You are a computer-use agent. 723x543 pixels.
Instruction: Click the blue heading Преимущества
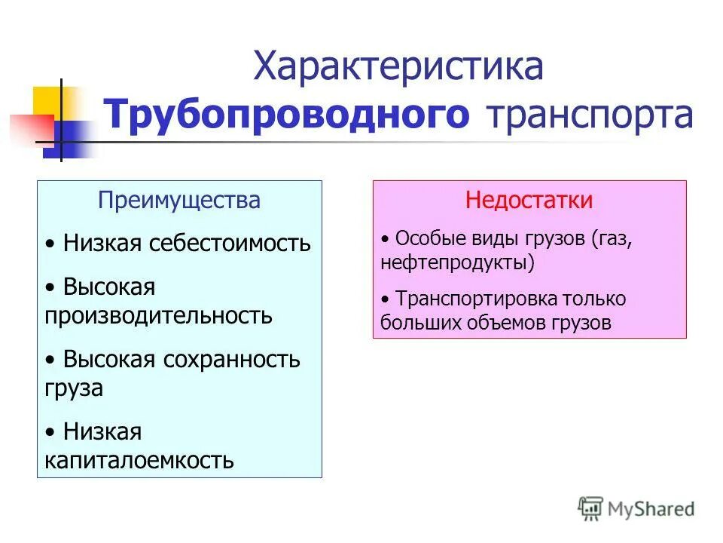click(x=179, y=200)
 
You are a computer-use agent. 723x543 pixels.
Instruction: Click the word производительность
click(x=158, y=314)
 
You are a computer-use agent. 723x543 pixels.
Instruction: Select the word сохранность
click(x=231, y=359)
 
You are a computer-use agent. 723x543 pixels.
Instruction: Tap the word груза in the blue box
click(x=74, y=388)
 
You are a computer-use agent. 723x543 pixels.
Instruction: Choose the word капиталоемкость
click(x=139, y=459)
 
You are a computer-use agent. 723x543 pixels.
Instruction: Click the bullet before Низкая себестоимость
click(x=50, y=244)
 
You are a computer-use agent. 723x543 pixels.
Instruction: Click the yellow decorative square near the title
click(x=47, y=102)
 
